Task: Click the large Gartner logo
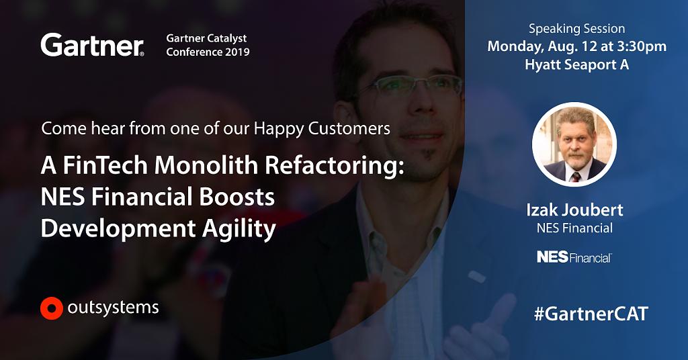[x=92, y=45]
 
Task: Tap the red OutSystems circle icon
[x=51, y=308]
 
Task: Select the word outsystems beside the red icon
[x=113, y=308]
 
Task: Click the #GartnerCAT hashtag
[x=591, y=314]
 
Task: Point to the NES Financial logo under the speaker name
[x=574, y=257]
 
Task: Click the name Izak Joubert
[x=574, y=210]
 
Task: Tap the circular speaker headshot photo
[x=574, y=144]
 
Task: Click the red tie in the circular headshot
[x=575, y=177]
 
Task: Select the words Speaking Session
[x=576, y=29]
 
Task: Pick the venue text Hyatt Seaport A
[x=576, y=65]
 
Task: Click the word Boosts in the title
[x=237, y=197]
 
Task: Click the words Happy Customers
[x=322, y=128]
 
